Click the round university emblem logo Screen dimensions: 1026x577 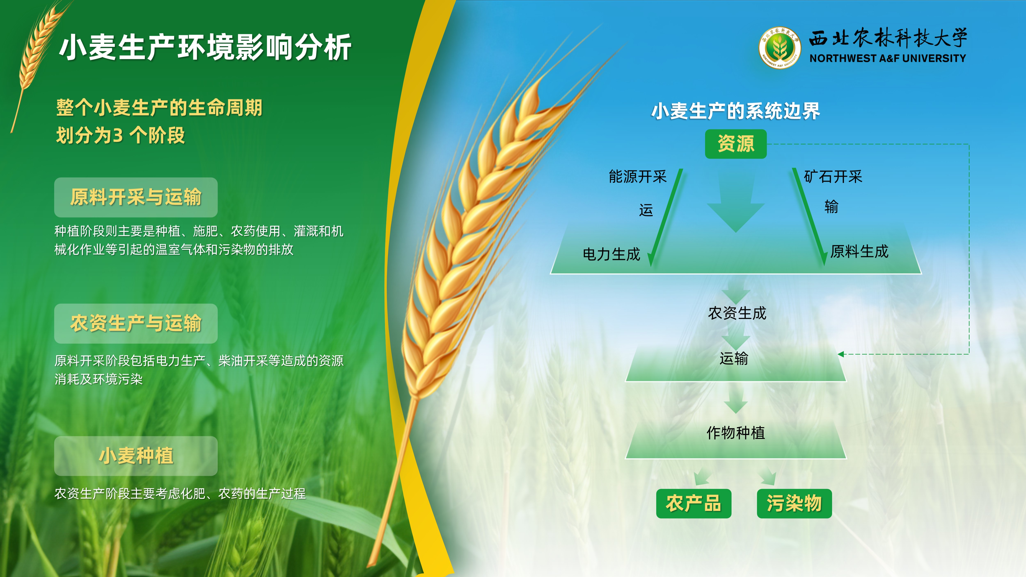pyautogui.click(x=780, y=48)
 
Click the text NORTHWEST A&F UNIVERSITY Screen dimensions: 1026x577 pyautogui.click(x=888, y=58)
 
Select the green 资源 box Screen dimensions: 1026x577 pyautogui.click(x=736, y=144)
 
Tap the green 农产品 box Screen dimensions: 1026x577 pyautogui.click(x=693, y=503)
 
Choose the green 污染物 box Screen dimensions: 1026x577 pyautogui.click(x=794, y=503)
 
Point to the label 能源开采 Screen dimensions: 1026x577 pyautogui.click(x=638, y=176)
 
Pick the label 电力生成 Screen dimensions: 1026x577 pyautogui.click(x=611, y=254)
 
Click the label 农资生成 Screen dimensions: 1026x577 pyautogui.click(x=737, y=313)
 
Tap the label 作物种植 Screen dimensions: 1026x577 pyautogui.click(x=736, y=433)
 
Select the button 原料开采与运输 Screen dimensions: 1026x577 pyautogui.click(x=136, y=197)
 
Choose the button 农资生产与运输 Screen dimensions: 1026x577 pyautogui.click(x=136, y=323)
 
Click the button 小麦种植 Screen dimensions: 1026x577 pyautogui.click(x=136, y=456)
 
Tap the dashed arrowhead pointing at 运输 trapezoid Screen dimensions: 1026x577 pyautogui.click(x=840, y=354)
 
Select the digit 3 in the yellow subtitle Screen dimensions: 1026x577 pyautogui.click(x=118, y=136)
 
